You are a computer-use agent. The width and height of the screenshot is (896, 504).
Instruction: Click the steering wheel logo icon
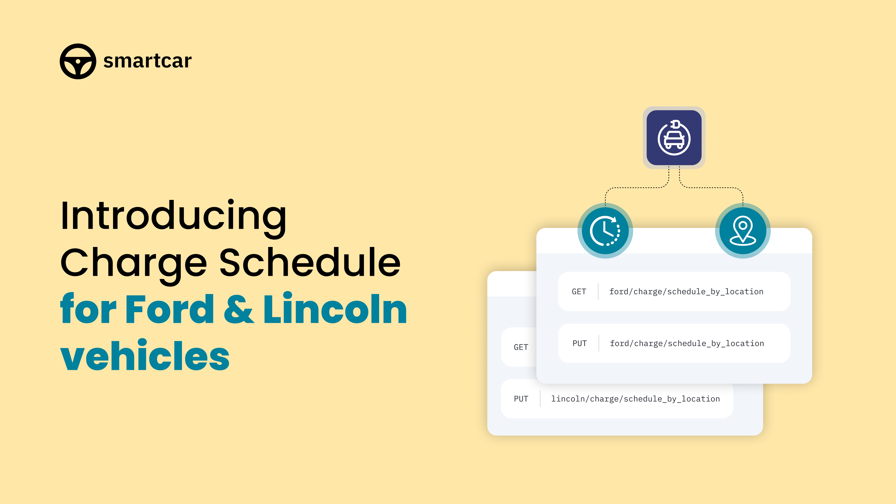(78, 61)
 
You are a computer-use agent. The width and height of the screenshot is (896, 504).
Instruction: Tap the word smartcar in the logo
(148, 61)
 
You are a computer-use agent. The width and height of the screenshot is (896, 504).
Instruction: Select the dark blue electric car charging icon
(674, 138)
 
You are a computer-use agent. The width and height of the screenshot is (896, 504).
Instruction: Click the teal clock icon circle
(605, 231)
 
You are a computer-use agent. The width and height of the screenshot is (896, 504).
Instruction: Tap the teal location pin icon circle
(743, 231)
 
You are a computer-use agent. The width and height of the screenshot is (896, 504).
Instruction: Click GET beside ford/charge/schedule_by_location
(579, 291)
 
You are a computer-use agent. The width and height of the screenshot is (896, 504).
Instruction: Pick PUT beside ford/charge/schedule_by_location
(580, 343)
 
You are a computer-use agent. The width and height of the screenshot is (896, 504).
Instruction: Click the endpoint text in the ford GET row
(686, 291)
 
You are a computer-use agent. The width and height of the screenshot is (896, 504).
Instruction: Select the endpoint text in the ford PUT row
(687, 343)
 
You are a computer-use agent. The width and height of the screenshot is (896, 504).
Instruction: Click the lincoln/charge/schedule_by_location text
(636, 399)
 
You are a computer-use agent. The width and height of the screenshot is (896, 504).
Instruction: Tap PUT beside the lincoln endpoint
(521, 399)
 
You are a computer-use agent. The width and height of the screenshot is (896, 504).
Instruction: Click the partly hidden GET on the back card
(521, 347)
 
